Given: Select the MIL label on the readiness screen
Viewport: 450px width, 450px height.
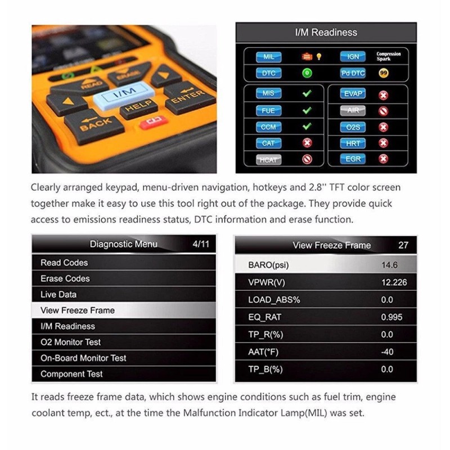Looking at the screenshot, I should tap(268, 57).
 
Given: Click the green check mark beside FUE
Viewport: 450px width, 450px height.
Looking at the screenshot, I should tap(307, 110).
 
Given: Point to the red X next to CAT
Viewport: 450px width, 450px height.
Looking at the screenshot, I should tap(307, 143).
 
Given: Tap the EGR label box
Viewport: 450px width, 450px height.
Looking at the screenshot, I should tap(353, 159).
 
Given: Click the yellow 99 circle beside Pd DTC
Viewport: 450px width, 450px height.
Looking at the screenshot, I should tap(384, 73).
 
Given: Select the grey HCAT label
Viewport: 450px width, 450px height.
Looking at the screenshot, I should tap(268, 160).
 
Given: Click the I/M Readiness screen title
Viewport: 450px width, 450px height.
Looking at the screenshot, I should tap(326, 33).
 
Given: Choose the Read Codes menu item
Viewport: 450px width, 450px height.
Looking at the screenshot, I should tap(64, 263).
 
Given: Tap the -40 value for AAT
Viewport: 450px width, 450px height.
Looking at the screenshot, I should tap(387, 352).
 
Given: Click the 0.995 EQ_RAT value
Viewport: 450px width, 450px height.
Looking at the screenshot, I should tap(391, 317).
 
